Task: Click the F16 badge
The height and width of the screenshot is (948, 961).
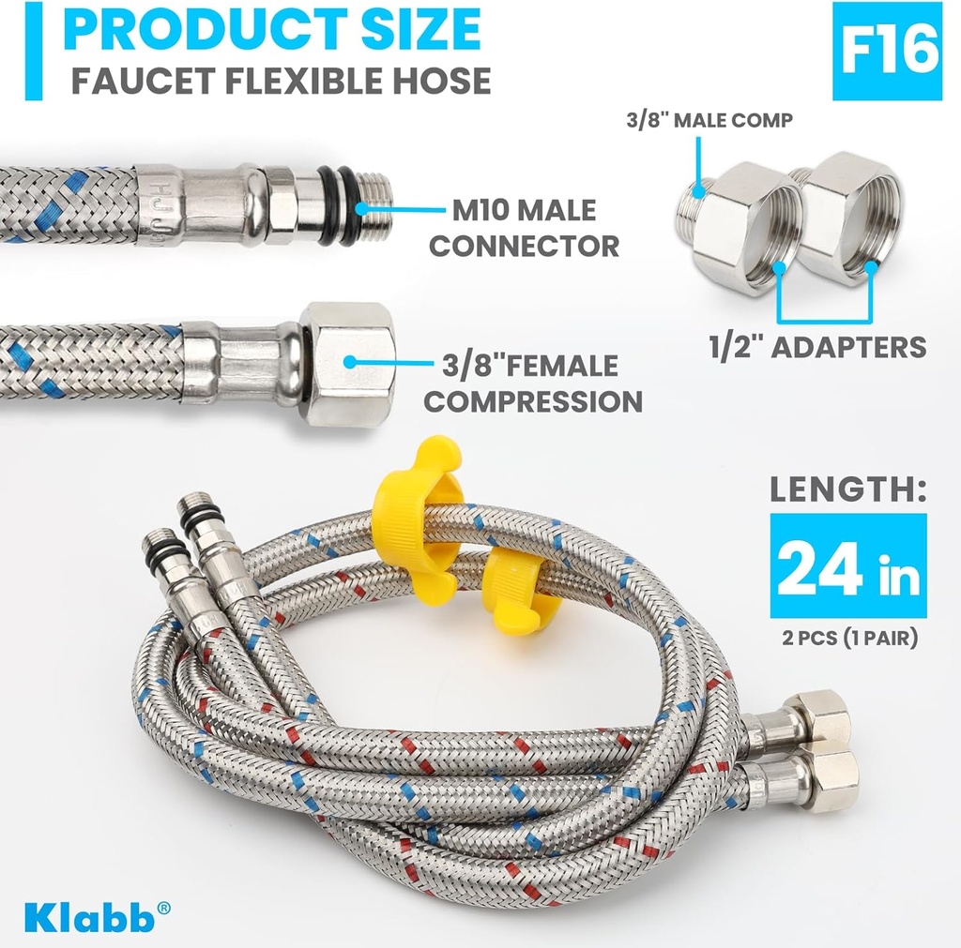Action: pos(887,52)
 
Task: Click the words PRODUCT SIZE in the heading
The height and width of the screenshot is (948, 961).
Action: pos(272,30)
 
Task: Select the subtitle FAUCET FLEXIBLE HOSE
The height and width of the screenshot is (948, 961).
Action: pos(281,81)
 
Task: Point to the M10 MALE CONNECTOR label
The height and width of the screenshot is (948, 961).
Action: pos(524,228)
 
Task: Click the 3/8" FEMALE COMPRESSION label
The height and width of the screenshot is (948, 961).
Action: pos(533,384)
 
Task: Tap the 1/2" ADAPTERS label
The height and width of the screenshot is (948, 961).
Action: pos(816,346)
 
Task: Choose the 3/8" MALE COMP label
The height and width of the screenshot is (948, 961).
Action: pos(709,119)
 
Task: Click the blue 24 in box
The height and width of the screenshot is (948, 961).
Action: pos(847,565)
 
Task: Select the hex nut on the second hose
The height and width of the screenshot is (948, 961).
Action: pos(347,364)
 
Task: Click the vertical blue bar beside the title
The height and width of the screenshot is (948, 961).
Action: pos(34,52)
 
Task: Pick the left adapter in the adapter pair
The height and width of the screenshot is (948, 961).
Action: pos(738,225)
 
